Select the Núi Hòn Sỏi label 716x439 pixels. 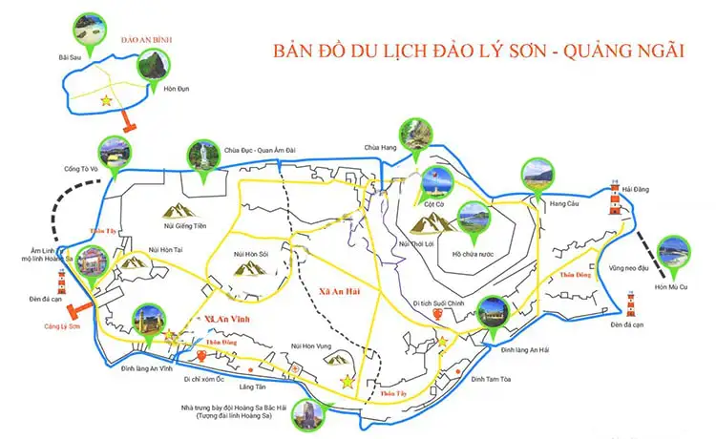click(251, 254)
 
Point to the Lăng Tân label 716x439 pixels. click(253, 387)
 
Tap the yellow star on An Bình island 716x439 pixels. click(107, 99)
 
